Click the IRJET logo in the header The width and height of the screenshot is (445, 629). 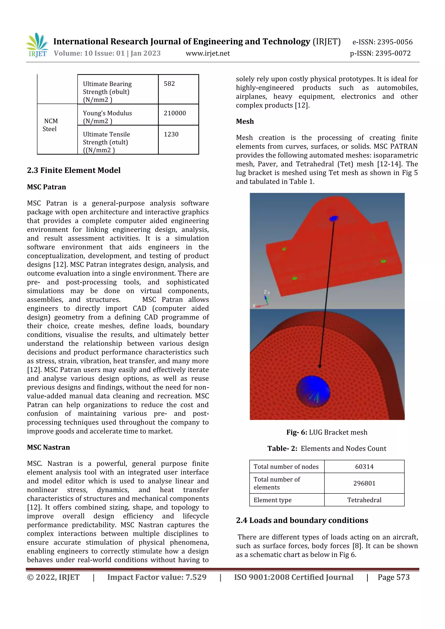pos(38,45)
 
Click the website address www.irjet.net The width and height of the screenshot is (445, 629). pos(208,53)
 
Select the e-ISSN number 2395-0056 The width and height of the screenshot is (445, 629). pos(382,42)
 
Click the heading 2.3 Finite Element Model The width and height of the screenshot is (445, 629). pos(74,170)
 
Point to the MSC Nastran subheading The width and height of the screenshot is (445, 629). pos(48,447)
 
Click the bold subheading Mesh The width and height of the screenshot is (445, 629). pos(245,121)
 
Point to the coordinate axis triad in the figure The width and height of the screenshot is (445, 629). pos(263,300)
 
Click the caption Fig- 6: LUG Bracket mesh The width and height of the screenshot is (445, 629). pos(327,432)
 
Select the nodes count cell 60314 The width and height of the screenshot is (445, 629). pos(364,467)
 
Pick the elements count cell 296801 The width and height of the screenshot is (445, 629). pos(364,483)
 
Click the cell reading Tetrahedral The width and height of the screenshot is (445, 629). pos(364,500)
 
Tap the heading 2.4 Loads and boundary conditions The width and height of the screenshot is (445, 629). pos(302,520)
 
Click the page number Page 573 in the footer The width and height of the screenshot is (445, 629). pos(394,577)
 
